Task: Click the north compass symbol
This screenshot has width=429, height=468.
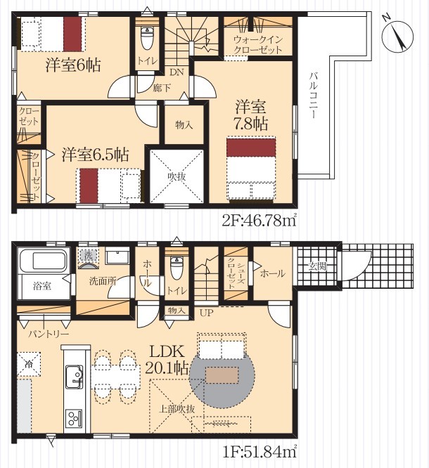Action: pos(397,35)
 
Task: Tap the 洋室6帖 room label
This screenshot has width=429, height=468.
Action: pos(73,65)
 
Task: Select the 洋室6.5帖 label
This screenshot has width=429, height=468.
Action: pos(96,155)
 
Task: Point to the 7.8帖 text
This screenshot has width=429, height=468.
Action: pos(251,124)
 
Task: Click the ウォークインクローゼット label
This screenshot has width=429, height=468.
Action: pos(258,45)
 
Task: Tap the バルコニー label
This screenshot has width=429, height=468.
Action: pos(314,95)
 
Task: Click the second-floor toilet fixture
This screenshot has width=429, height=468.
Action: pos(146,38)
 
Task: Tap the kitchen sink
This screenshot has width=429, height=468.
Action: pos(74,377)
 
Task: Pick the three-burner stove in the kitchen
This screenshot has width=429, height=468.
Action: pos(74,418)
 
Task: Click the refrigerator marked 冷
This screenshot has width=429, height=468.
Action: pos(29,364)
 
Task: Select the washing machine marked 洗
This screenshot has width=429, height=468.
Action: pos(88,255)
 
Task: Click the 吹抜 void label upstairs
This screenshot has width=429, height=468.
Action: pos(177,176)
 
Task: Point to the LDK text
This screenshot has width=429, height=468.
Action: pos(167,352)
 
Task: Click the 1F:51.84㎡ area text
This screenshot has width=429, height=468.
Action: pos(260,451)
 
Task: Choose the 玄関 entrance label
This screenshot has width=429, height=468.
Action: pos(317,266)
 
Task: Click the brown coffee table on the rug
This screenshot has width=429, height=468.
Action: pos(222,375)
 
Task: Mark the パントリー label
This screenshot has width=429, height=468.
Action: pos(49,334)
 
